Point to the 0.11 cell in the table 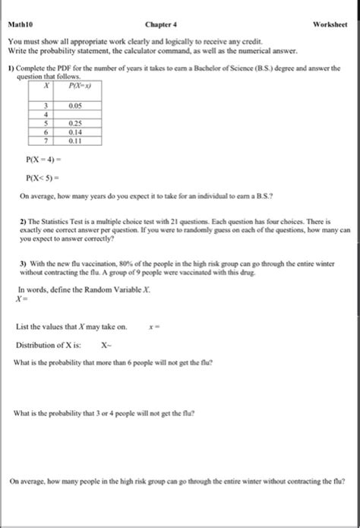tap(75, 140)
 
